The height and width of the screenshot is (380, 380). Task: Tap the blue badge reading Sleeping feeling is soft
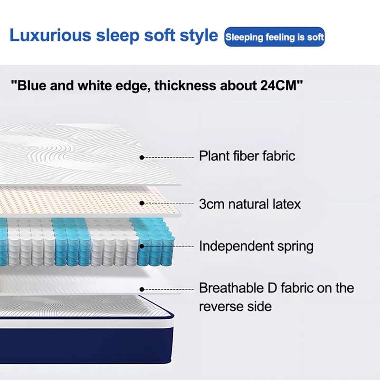pyautogui.click(x=275, y=37)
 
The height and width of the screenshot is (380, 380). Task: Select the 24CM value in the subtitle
pyautogui.click(x=279, y=86)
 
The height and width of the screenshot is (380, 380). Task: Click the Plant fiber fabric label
pyautogui.click(x=247, y=156)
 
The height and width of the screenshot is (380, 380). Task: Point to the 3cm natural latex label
pyautogui.click(x=250, y=204)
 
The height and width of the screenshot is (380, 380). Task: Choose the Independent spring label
pyautogui.click(x=256, y=246)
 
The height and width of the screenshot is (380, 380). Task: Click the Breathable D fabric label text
pyautogui.click(x=276, y=288)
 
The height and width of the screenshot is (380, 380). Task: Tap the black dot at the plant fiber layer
pyautogui.click(x=142, y=156)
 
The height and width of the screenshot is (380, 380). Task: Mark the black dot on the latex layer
pyautogui.click(x=142, y=203)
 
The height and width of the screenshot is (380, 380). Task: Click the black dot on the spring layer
pyautogui.click(x=142, y=246)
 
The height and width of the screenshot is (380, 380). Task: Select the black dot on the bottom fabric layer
pyautogui.click(x=142, y=288)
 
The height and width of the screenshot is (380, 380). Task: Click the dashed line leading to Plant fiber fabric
pyautogui.click(x=169, y=156)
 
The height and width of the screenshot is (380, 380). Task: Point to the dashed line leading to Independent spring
pyautogui.click(x=169, y=246)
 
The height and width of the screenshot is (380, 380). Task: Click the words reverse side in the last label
pyautogui.click(x=235, y=306)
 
